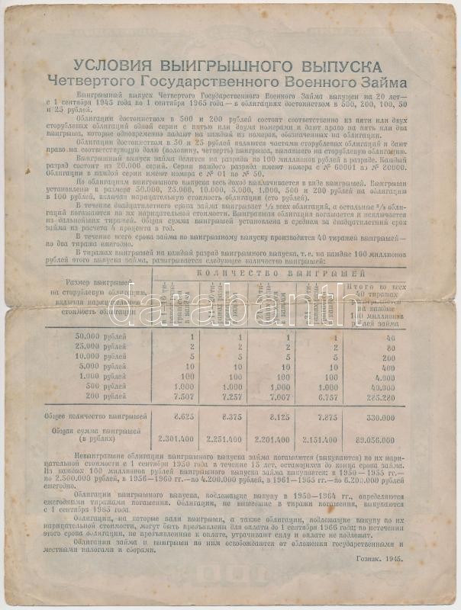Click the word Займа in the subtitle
click(387, 82)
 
